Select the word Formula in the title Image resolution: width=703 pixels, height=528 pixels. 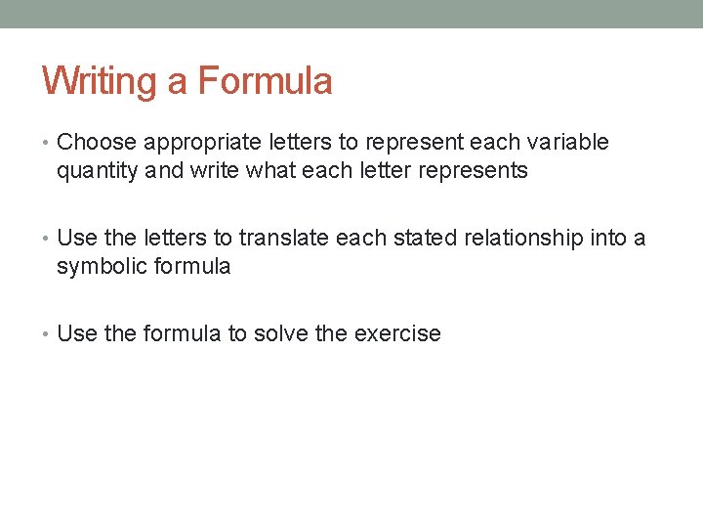(x=265, y=81)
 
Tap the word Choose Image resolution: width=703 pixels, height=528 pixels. (x=97, y=143)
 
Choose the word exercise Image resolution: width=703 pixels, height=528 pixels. (x=397, y=334)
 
